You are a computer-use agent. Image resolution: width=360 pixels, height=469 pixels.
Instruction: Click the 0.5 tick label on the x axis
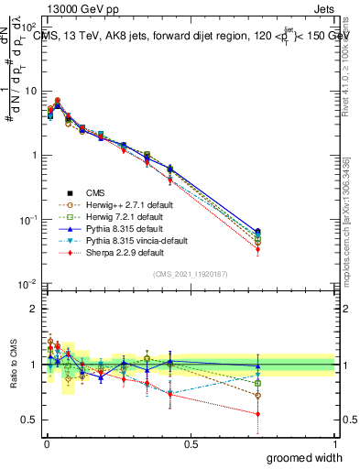tap(191, 444)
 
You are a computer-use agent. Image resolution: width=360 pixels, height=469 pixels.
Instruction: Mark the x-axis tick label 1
tap(335, 444)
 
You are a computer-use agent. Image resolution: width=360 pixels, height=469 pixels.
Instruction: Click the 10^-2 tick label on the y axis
tap(27, 284)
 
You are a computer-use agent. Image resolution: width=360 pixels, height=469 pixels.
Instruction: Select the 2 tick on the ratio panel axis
tap(33, 309)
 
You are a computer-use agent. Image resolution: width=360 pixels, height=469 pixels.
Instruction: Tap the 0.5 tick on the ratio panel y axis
tap(29, 420)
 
